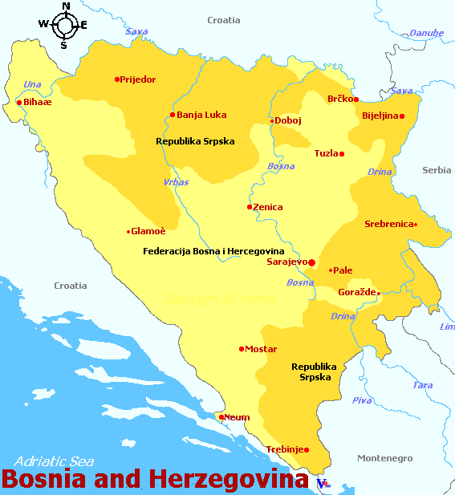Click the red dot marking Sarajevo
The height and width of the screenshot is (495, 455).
click(312, 262)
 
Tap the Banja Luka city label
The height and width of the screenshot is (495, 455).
click(201, 115)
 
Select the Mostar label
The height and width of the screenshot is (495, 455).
click(261, 350)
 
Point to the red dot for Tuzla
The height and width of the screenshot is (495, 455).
click(342, 154)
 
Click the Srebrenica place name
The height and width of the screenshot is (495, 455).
click(388, 225)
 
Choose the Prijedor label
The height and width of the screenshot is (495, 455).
click(137, 79)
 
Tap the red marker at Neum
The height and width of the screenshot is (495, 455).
click(221, 416)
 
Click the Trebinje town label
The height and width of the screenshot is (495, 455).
click(284, 450)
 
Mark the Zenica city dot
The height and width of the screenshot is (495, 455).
click(250, 207)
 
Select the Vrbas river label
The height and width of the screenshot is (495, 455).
click(176, 182)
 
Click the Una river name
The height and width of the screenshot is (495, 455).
click(32, 84)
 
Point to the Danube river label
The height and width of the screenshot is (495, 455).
click(426, 33)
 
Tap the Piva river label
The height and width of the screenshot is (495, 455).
click(362, 400)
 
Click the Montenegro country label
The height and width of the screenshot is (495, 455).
click(384, 458)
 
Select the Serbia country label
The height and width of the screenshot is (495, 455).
click(437, 170)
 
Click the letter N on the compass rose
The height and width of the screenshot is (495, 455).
click(66, 6)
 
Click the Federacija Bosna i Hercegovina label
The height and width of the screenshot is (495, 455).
click(213, 251)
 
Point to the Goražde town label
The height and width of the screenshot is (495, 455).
click(356, 293)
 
